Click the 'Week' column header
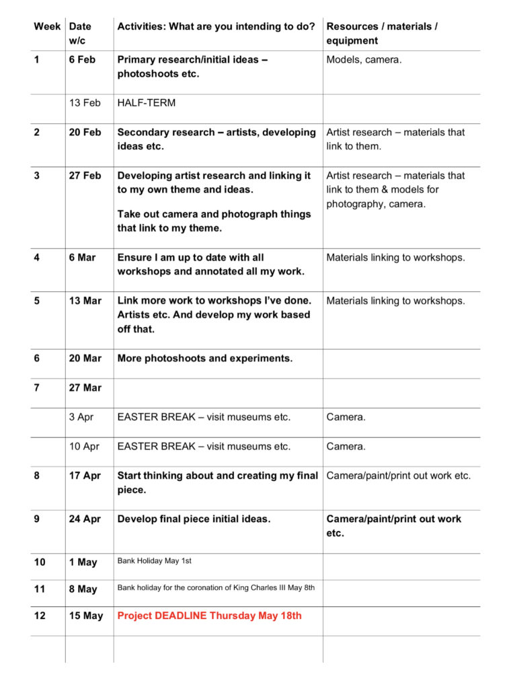tap(47, 26)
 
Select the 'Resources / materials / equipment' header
tap(381, 33)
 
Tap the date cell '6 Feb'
tap(82, 59)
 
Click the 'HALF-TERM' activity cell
tap(146, 102)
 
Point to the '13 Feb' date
tap(85, 102)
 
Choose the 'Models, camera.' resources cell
tap(364, 59)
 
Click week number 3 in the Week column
tap(37, 175)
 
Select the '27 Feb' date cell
tap(85, 175)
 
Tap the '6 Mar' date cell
tap(82, 257)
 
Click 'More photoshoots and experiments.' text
tap(205, 358)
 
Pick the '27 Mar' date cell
tap(85, 388)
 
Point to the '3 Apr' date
tap(81, 416)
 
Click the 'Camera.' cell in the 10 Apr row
tap(346, 446)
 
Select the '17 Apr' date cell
tap(85, 476)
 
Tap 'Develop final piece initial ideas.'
tap(194, 519)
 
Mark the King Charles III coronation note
tap(216, 587)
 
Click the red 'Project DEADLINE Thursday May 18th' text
tap(210, 616)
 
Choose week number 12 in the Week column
tap(40, 616)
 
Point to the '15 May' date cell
tap(86, 616)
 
